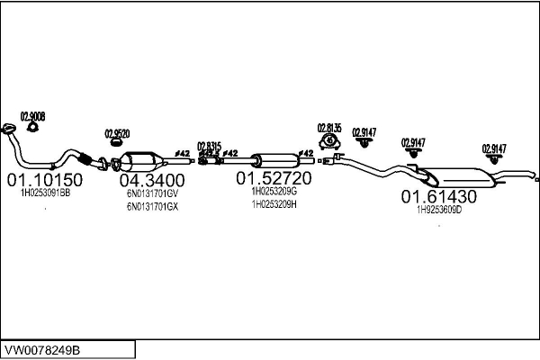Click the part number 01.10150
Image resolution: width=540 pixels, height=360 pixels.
44,180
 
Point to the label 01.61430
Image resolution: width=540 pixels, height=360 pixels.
438,196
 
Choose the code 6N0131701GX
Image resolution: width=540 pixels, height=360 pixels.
152,206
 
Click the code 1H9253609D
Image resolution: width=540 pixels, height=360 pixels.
438,210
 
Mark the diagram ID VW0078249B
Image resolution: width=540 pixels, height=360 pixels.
43,348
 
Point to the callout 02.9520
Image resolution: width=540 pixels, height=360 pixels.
117,133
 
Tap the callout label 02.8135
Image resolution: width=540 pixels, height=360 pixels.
328,128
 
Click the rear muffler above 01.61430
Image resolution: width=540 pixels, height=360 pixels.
454,178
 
